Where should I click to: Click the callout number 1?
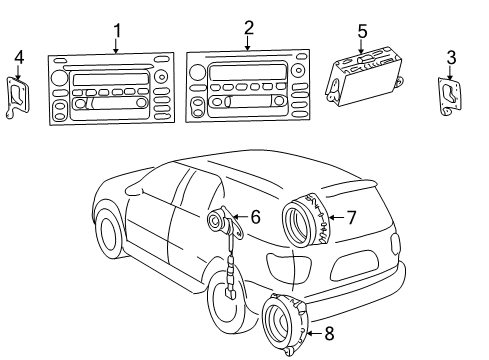pos(117,31)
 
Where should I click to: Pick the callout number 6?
pos(255,215)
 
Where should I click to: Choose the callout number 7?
pos(351,216)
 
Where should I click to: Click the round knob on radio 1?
pos(60,77)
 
